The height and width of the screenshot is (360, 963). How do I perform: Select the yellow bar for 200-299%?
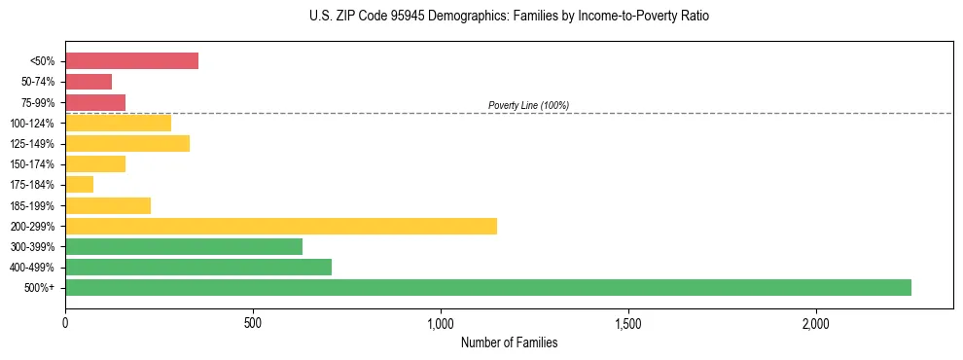pos(281,226)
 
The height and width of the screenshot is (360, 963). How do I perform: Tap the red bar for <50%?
pos(131,60)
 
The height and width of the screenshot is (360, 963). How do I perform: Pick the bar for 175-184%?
pos(79,184)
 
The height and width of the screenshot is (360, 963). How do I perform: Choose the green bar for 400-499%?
pos(198,267)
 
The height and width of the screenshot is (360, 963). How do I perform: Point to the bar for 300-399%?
pos(184,246)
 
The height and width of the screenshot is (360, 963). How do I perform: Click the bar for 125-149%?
pos(127,143)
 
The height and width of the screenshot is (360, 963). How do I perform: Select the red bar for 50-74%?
pos(89,81)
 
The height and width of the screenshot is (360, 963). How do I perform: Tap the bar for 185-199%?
pos(108,205)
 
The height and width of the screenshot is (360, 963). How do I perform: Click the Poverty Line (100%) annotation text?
pos(528,105)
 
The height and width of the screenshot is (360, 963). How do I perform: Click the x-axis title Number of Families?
pos(509,342)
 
